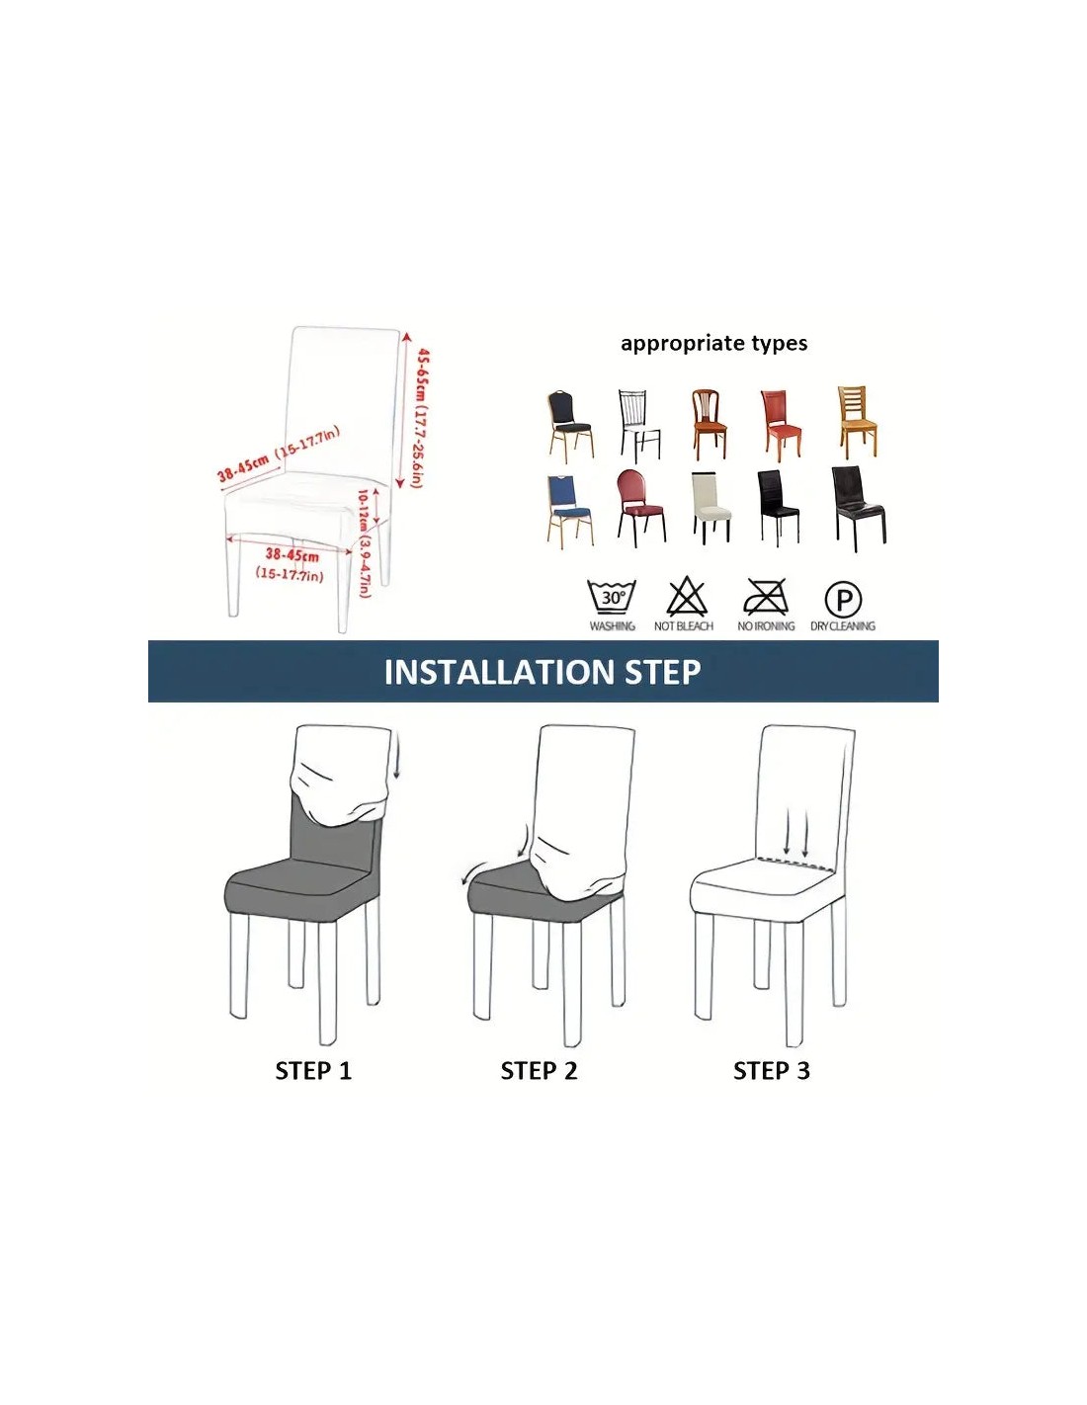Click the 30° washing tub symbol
[x=611, y=596]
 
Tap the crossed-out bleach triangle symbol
[x=687, y=596]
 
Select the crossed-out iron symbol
[x=765, y=596]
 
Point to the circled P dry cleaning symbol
[x=843, y=599]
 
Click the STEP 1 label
[x=313, y=1071]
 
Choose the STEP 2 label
[x=539, y=1071]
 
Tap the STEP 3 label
[x=772, y=1071]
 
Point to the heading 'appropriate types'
[x=713, y=343]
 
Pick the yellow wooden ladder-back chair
[x=858, y=422]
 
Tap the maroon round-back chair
[x=640, y=508]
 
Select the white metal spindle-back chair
[x=639, y=426]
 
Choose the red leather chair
[x=781, y=426]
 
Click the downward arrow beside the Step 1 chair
[x=397, y=761]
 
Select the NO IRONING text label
[x=766, y=625]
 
